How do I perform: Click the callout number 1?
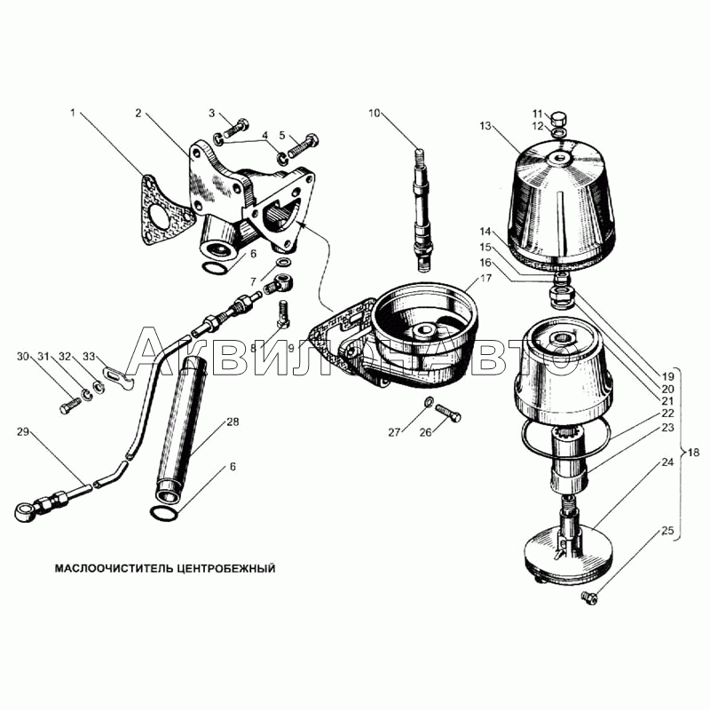[x=73, y=113]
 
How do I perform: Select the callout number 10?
[x=375, y=113]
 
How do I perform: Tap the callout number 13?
[x=485, y=125]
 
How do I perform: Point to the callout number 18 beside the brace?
[x=693, y=452]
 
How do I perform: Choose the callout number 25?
[x=668, y=531]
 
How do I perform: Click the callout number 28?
[x=233, y=422]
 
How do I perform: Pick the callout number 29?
[x=23, y=432]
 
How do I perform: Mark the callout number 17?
[x=485, y=278]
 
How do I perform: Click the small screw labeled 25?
[x=588, y=597]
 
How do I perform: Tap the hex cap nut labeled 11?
[x=560, y=118]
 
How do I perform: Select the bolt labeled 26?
[x=448, y=413]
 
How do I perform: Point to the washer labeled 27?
[x=428, y=401]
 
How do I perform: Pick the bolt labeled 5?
[x=303, y=146]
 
